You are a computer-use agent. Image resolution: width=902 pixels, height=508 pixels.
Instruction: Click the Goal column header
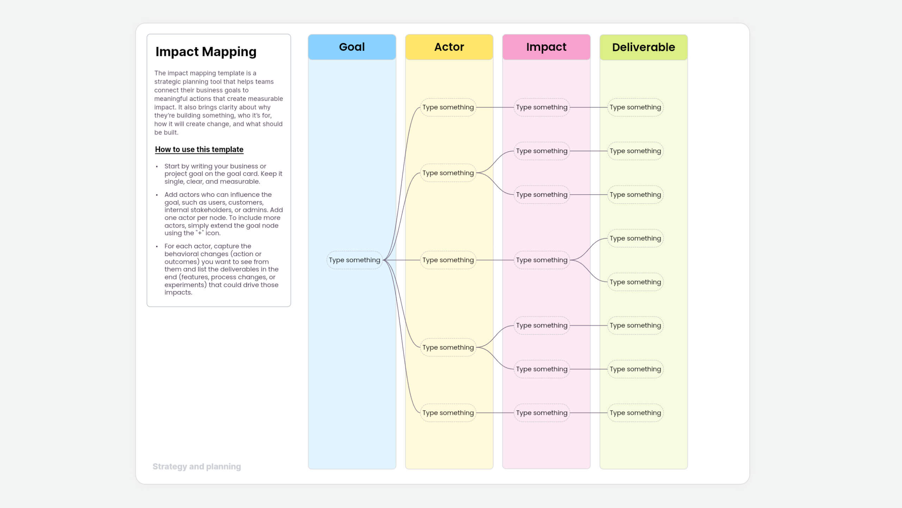352,47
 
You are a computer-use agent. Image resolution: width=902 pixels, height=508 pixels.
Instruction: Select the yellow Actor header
449,47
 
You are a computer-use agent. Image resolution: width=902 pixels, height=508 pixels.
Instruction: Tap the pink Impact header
546,47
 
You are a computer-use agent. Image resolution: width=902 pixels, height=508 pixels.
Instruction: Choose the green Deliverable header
643,47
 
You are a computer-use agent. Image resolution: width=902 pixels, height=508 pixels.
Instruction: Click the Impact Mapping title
206,52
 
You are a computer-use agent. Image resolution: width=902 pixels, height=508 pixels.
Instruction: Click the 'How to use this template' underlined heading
199,149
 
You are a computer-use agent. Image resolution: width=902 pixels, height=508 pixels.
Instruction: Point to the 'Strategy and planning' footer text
197,466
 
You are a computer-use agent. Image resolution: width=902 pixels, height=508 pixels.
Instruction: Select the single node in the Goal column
354,260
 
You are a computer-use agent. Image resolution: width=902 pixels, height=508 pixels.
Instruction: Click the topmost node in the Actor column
448,107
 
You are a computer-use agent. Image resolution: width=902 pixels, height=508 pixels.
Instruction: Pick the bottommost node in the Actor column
448,413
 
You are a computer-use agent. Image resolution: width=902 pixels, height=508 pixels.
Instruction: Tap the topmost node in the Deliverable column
635,107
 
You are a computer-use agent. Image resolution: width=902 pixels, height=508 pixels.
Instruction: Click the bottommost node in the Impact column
542,413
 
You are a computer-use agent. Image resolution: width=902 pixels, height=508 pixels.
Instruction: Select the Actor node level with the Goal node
448,260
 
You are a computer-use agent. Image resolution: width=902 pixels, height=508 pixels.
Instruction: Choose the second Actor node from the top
448,173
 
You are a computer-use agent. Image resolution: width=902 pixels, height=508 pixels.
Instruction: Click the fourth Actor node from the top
448,347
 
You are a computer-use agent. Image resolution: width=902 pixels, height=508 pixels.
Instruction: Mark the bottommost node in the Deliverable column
635,413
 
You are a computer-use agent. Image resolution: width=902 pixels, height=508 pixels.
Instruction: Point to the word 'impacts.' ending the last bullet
178,292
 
